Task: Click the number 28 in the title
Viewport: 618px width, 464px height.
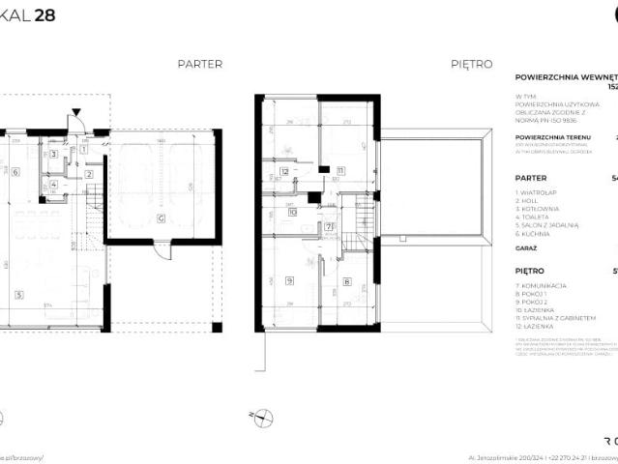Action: pyautogui.click(x=44, y=15)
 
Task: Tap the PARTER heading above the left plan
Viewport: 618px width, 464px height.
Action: pyautogui.click(x=200, y=64)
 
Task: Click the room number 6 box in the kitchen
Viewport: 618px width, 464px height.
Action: pyautogui.click(x=16, y=172)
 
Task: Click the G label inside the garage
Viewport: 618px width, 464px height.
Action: pyautogui.click(x=162, y=217)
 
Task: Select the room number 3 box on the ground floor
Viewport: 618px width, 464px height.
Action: pyautogui.click(x=54, y=154)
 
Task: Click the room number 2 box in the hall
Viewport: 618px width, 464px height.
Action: pyautogui.click(x=88, y=174)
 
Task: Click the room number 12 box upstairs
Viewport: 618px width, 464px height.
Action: pyautogui.click(x=284, y=171)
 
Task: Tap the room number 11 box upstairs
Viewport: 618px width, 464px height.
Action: pyautogui.click(x=340, y=171)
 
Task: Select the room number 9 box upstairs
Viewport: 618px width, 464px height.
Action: pyautogui.click(x=290, y=281)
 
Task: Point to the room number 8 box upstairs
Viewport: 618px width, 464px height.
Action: pyautogui.click(x=346, y=281)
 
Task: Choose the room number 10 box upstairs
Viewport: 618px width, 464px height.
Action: pyautogui.click(x=292, y=214)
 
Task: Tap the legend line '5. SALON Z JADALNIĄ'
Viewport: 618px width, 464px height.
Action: pyautogui.click(x=547, y=224)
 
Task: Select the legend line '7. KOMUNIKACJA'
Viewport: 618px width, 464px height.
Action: pyautogui.click(x=541, y=286)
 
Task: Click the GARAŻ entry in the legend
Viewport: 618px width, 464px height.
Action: pyautogui.click(x=528, y=248)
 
